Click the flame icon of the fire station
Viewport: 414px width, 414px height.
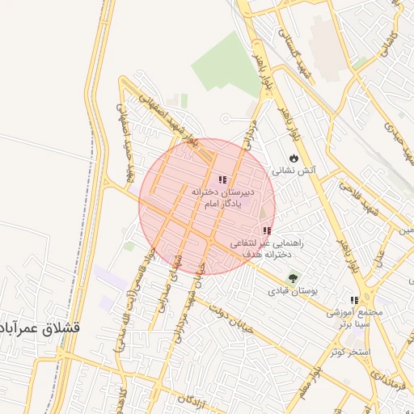tap(293, 158)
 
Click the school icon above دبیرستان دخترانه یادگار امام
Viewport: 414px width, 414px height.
tap(222, 180)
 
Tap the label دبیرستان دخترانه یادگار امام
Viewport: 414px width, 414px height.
tap(222, 196)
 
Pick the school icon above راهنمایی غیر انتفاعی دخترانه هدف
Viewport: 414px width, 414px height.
tap(267, 231)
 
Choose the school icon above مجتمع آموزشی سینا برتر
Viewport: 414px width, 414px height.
tap(353, 300)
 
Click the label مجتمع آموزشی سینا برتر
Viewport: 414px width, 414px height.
tap(353, 317)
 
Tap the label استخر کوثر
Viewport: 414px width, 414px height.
tap(349, 353)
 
